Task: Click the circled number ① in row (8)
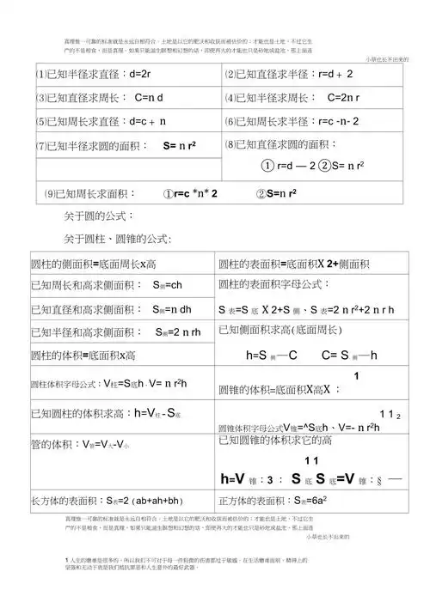[268, 165]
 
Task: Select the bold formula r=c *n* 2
[190, 194]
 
